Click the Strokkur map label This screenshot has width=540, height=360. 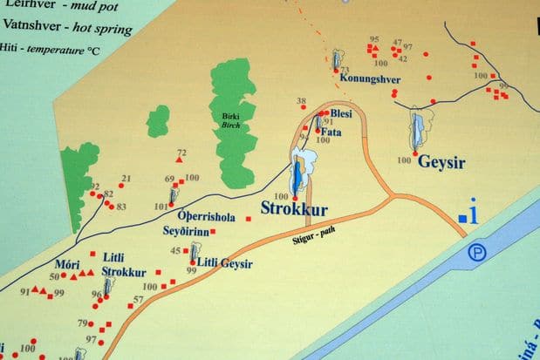click(295, 210)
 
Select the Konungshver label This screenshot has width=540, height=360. click(375, 79)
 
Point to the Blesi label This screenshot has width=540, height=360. click(342, 112)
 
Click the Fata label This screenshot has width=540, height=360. click(331, 132)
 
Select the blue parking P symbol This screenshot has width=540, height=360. click(476, 254)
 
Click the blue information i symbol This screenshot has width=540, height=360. click(471, 214)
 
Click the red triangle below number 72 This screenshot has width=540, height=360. click(181, 161)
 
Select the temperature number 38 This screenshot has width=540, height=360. click(302, 102)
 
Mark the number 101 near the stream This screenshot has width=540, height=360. click(161, 207)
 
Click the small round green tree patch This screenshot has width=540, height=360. click(158, 121)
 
